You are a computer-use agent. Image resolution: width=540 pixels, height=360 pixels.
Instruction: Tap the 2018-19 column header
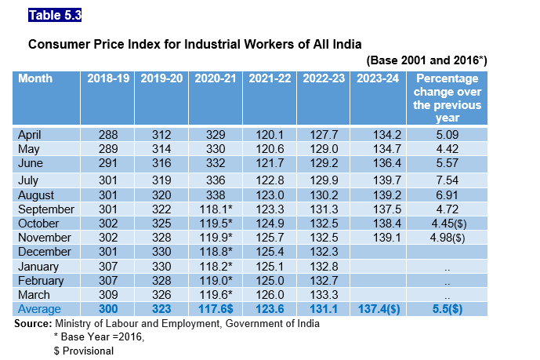107,78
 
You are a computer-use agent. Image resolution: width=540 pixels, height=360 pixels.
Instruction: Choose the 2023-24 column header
379,78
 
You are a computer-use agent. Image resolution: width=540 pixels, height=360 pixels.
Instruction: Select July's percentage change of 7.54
448,180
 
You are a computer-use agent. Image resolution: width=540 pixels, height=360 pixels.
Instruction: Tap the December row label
45,252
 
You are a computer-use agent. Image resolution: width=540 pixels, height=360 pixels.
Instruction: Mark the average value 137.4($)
379,309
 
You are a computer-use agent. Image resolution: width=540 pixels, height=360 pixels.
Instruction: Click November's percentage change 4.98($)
448,238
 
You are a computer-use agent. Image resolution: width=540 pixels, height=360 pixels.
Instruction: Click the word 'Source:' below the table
33,323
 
